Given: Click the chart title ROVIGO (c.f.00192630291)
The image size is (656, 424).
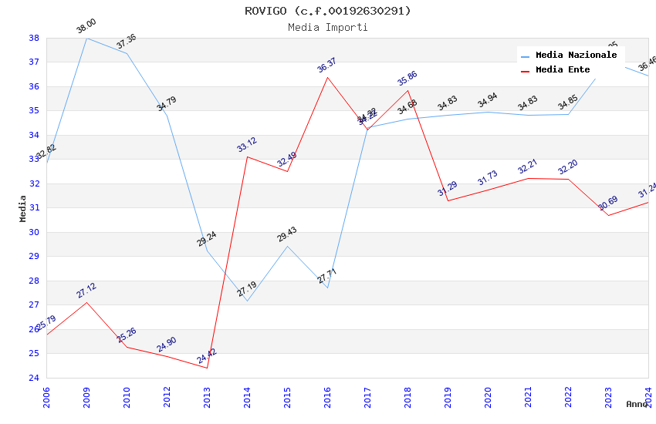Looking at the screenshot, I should coord(328,11).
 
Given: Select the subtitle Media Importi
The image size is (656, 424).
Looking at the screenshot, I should coord(328,27).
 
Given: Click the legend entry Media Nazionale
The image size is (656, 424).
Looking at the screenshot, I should coord(576,56).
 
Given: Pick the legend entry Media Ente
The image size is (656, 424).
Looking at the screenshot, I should coord(563,70).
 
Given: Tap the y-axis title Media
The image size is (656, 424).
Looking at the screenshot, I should coord(22,208).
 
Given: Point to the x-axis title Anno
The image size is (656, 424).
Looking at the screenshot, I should coord(637,404).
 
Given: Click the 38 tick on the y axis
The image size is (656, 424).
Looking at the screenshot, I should coord(34,38).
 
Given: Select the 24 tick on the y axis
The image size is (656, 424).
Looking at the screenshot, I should coord(34,378).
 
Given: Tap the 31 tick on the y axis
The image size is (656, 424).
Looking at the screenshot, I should coord(34,208).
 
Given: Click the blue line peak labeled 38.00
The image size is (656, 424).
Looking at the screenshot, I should coord(86,38).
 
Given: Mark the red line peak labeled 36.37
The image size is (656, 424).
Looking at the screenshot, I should coord(327,77).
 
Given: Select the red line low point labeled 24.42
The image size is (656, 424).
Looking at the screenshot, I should coord(207,368).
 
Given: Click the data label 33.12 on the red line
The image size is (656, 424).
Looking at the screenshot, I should coord(247,144).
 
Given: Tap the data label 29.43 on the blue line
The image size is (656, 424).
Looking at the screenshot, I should coord(287,234).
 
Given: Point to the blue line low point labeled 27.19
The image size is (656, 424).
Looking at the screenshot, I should coord(247,301).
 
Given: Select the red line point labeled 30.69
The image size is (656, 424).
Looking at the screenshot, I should coord(608,215).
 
